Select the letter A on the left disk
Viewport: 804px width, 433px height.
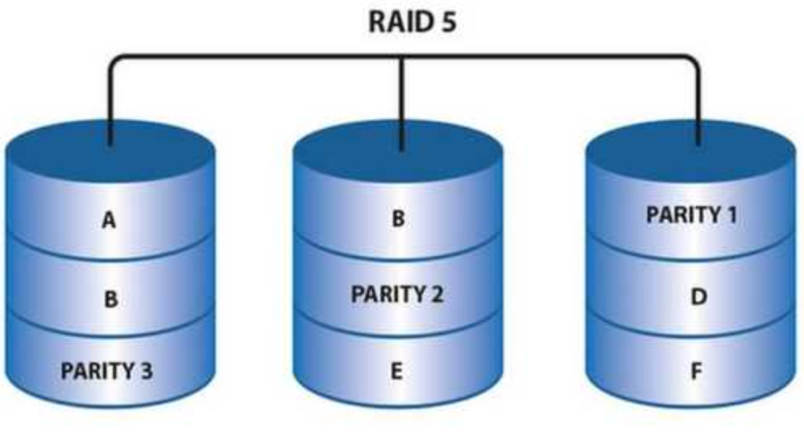pyautogui.click(x=109, y=221)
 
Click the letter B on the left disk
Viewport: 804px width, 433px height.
pyautogui.click(x=109, y=299)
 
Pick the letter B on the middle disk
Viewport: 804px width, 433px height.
pyautogui.click(x=398, y=220)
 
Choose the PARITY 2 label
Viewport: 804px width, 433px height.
pyautogui.click(x=397, y=293)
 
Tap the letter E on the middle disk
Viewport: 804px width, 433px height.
pyautogui.click(x=397, y=371)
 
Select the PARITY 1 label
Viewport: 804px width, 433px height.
pyautogui.click(x=692, y=216)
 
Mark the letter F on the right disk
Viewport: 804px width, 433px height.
pyautogui.click(x=695, y=371)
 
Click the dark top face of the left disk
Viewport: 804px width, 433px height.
pyautogui.click(x=67, y=153)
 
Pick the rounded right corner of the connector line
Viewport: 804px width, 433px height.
pyautogui.click(x=692, y=61)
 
